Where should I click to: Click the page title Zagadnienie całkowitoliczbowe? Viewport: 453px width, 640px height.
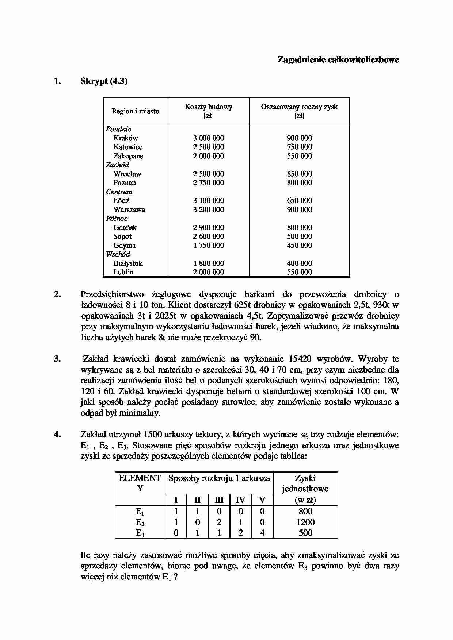tap(338, 60)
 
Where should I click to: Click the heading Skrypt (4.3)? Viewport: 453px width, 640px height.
tap(104, 81)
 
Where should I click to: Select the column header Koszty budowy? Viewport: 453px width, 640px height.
tap(208, 107)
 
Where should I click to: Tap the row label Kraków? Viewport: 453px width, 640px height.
tap(126, 138)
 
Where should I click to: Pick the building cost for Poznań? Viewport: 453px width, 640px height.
tap(208, 183)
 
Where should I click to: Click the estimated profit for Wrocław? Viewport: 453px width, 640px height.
tap(299, 174)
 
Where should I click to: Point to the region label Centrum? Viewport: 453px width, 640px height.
tap(119, 192)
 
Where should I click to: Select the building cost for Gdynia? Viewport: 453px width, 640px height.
tap(208, 246)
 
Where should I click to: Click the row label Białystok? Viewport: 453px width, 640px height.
tap(128, 263)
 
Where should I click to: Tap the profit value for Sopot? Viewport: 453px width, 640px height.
tap(299, 236)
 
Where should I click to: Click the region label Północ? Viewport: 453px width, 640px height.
tap(117, 219)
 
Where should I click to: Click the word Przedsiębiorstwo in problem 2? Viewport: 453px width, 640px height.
tap(112, 294)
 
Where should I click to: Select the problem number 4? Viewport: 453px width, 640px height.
tap(57, 435)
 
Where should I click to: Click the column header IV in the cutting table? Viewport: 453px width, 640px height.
tap(240, 500)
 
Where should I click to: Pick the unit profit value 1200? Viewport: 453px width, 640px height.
tap(305, 522)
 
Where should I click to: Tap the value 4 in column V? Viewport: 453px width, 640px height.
tap(262, 533)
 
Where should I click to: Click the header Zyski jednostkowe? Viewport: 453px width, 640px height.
tap(305, 484)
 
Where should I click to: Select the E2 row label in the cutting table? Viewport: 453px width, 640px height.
tap(140, 523)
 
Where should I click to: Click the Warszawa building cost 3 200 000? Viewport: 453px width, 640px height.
tap(208, 210)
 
